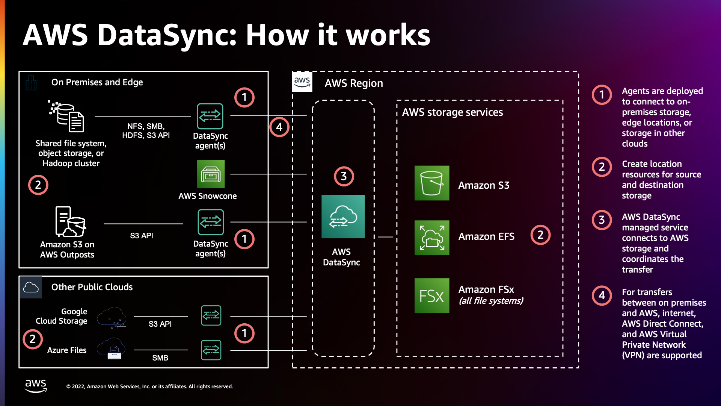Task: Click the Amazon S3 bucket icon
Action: pyautogui.click(x=431, y=183)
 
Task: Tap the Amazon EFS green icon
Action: pyautogui.click(x=431, y=238)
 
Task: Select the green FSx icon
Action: pyautogui.click(x=431, y=295)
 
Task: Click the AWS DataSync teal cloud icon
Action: pyautogui.click(x=343, y=217)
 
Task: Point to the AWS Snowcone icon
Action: pyautogui.click(x=211, y=174)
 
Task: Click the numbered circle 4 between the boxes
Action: pyautogui.click(x=279, y=127)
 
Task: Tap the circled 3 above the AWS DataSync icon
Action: pyautogui.click(x=344, y=176)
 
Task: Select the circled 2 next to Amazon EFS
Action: pyautogui.click(x=540, y=235)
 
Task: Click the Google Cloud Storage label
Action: pyautogui.click(x=62, y=316)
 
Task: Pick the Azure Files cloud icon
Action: pyautogui.click(x=112, y=348)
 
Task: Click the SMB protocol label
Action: pyautogui.click(x=160, y=358)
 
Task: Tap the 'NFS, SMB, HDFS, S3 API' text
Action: pyautogui.click(x=146, y=131)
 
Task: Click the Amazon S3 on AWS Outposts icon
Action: pyautogui.click(x=70, y=221)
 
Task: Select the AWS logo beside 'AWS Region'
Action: pyautogui.click(x=302, y=82)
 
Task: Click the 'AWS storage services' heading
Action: pyautogui.click(x=452, y=112)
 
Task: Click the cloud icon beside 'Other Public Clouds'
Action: pyautogui.click(x=31, y=288)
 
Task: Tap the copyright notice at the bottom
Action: pyautogui.click(x=149, y=386)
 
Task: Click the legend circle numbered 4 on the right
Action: pyautogui.click(x=602, y=295)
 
